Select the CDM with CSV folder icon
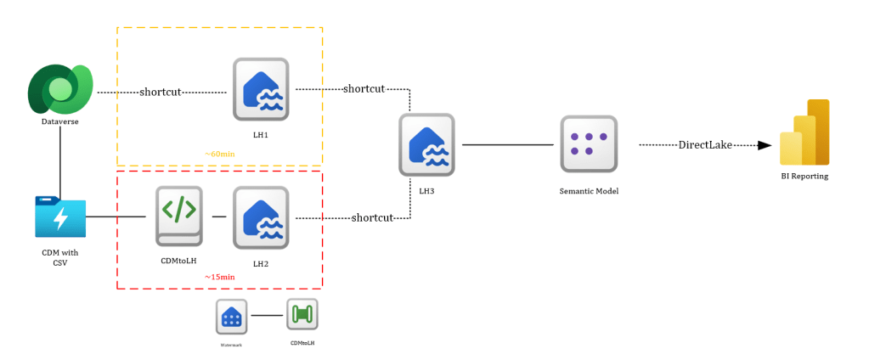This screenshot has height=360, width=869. click(60, 217)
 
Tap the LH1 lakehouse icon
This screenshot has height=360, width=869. click(262, 89)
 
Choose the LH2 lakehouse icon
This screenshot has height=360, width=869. click(262, 217)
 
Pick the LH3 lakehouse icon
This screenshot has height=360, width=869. click(426, 144)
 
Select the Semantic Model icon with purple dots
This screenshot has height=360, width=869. click(589, 144)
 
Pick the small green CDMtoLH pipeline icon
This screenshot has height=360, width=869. click(302, 315)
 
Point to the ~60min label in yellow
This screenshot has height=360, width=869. click(220, 154)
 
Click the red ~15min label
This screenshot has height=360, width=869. click(220, 277)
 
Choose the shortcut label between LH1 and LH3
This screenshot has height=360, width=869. click(364, 88)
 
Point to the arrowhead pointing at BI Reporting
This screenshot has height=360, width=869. click(765, 145)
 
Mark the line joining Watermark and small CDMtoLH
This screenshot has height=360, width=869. click(266, 316)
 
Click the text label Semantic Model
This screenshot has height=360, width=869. click(589, 191)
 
